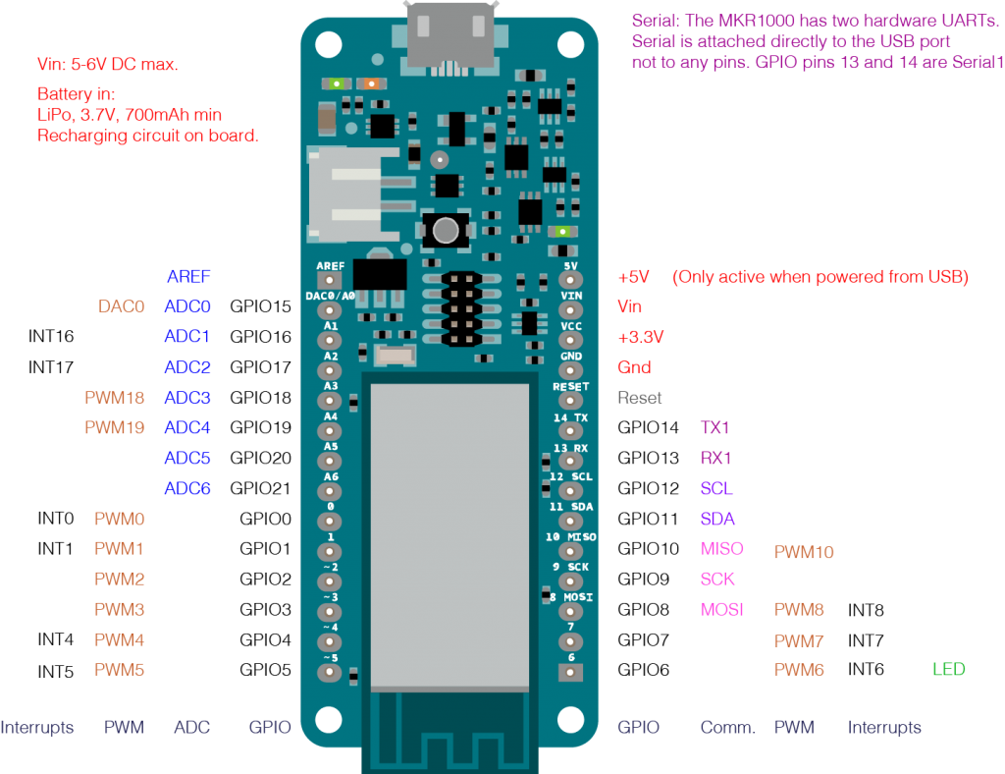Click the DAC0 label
pos(121,306)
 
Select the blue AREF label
pos(188,276)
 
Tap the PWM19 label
pos(114,427)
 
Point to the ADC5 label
pos(187,458)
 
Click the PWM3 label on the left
pos(120,609)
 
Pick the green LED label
pos(948,669)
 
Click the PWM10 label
pos(804,552)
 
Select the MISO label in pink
pos(721,548)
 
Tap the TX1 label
pos(714,427)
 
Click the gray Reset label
pos(639,398)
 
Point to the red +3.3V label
pos(640,337)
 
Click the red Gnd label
pos(634,366)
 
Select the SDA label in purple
pos(717,519)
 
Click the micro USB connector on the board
pos(450,34)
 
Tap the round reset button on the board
pos(446,232)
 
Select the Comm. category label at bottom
pos(727,728)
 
